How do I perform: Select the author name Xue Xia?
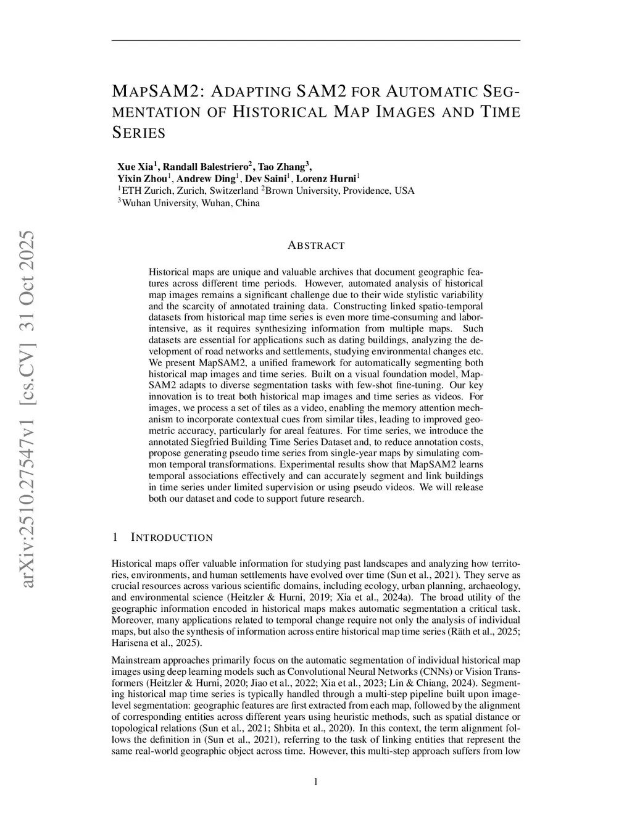(136, 167)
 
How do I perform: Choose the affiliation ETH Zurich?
(143, 191)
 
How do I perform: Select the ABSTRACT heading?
(316, 246)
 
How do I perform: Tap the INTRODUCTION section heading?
(172, 538)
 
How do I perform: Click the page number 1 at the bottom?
(316, 782)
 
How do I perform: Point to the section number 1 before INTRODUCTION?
(115, 538)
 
